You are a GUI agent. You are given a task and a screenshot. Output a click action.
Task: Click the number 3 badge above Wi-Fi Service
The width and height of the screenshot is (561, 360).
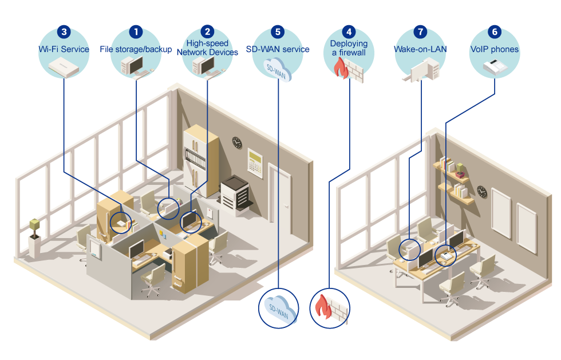point(64,32)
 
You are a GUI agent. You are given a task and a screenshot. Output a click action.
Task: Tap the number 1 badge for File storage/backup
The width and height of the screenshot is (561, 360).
point(136,32)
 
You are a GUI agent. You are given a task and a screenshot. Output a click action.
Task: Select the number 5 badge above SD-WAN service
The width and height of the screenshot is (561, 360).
point(278,32)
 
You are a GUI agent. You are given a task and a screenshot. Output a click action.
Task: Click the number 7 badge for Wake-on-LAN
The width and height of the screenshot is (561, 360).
point(421,32)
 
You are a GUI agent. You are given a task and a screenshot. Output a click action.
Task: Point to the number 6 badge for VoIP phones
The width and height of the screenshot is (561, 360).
point(495,32)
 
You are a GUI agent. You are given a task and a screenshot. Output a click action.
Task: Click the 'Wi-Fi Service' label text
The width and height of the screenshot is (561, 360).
point(64,49)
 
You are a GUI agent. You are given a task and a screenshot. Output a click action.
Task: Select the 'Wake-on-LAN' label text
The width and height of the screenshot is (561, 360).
point(421,49)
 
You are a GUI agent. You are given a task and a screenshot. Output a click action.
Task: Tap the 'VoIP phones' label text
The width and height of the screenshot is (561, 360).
point(495,49)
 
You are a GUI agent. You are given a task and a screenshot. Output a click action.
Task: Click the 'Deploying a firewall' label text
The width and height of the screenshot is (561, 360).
point(349,48)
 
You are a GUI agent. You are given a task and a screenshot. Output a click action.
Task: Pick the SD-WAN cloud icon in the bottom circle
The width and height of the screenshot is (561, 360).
point(279,310)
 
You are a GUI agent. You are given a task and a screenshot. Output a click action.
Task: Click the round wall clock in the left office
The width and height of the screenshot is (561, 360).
point(237,143)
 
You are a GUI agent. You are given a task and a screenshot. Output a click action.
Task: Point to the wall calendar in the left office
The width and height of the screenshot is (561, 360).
point(255,162)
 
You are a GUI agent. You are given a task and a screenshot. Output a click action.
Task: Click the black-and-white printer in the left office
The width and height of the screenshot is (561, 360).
point(235,192)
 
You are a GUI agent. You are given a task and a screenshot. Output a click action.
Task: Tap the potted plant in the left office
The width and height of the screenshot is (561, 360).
point(34,230)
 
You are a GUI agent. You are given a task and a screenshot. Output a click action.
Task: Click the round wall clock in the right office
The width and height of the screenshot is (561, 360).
point(482,192)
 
